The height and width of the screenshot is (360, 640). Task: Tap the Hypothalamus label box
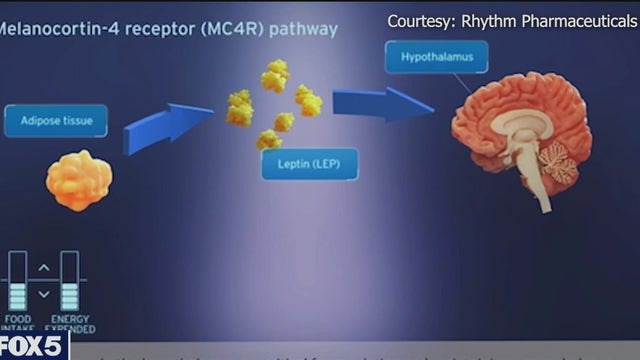(x=437, y=57)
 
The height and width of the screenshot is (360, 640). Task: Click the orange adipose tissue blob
(x=79, y=180)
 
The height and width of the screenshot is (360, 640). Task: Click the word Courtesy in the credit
(x=422, y=20)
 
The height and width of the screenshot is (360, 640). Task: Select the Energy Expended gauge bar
(x=69, y=282)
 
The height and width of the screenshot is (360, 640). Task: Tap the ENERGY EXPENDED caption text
(x=72, y=325)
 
